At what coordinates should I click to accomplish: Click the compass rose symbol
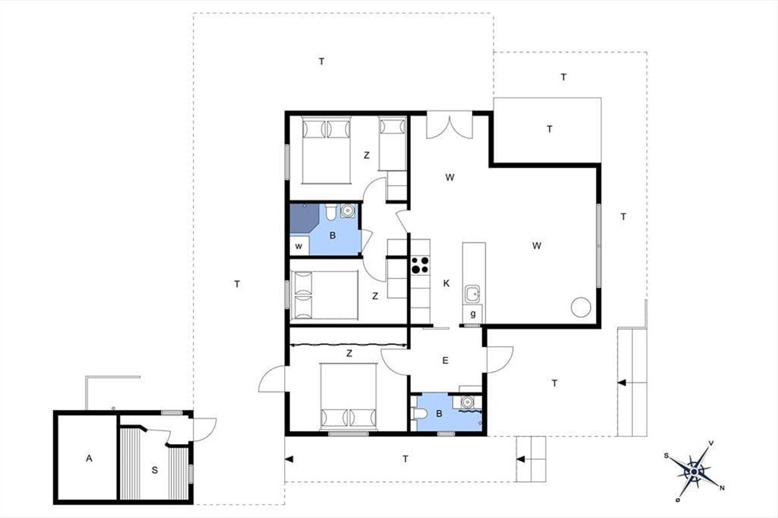pos(694,472)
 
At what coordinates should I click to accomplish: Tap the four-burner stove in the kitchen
pos(420,265)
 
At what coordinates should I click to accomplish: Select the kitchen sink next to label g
pos(473,294)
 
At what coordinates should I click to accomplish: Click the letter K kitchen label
pos(446,284)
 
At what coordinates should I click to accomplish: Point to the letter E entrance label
pos(445,361)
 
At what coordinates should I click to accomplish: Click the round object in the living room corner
pos(581,307)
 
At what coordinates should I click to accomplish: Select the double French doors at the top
pos(449,125)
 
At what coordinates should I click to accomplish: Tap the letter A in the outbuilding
pos(89,458)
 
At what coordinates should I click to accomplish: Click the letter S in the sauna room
pos(154,470)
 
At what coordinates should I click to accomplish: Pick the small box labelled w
pos(300,245)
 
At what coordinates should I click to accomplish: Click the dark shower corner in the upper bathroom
pos(304,218)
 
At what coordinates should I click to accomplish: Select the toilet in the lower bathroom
pos(419,414)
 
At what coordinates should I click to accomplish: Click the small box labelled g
pos(473,314)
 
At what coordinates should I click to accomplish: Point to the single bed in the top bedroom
pos(392,144)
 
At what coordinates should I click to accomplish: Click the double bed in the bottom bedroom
pos(349,396)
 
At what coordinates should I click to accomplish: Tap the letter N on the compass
pos(722,488)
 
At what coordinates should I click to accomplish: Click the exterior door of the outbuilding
pos(204,429)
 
